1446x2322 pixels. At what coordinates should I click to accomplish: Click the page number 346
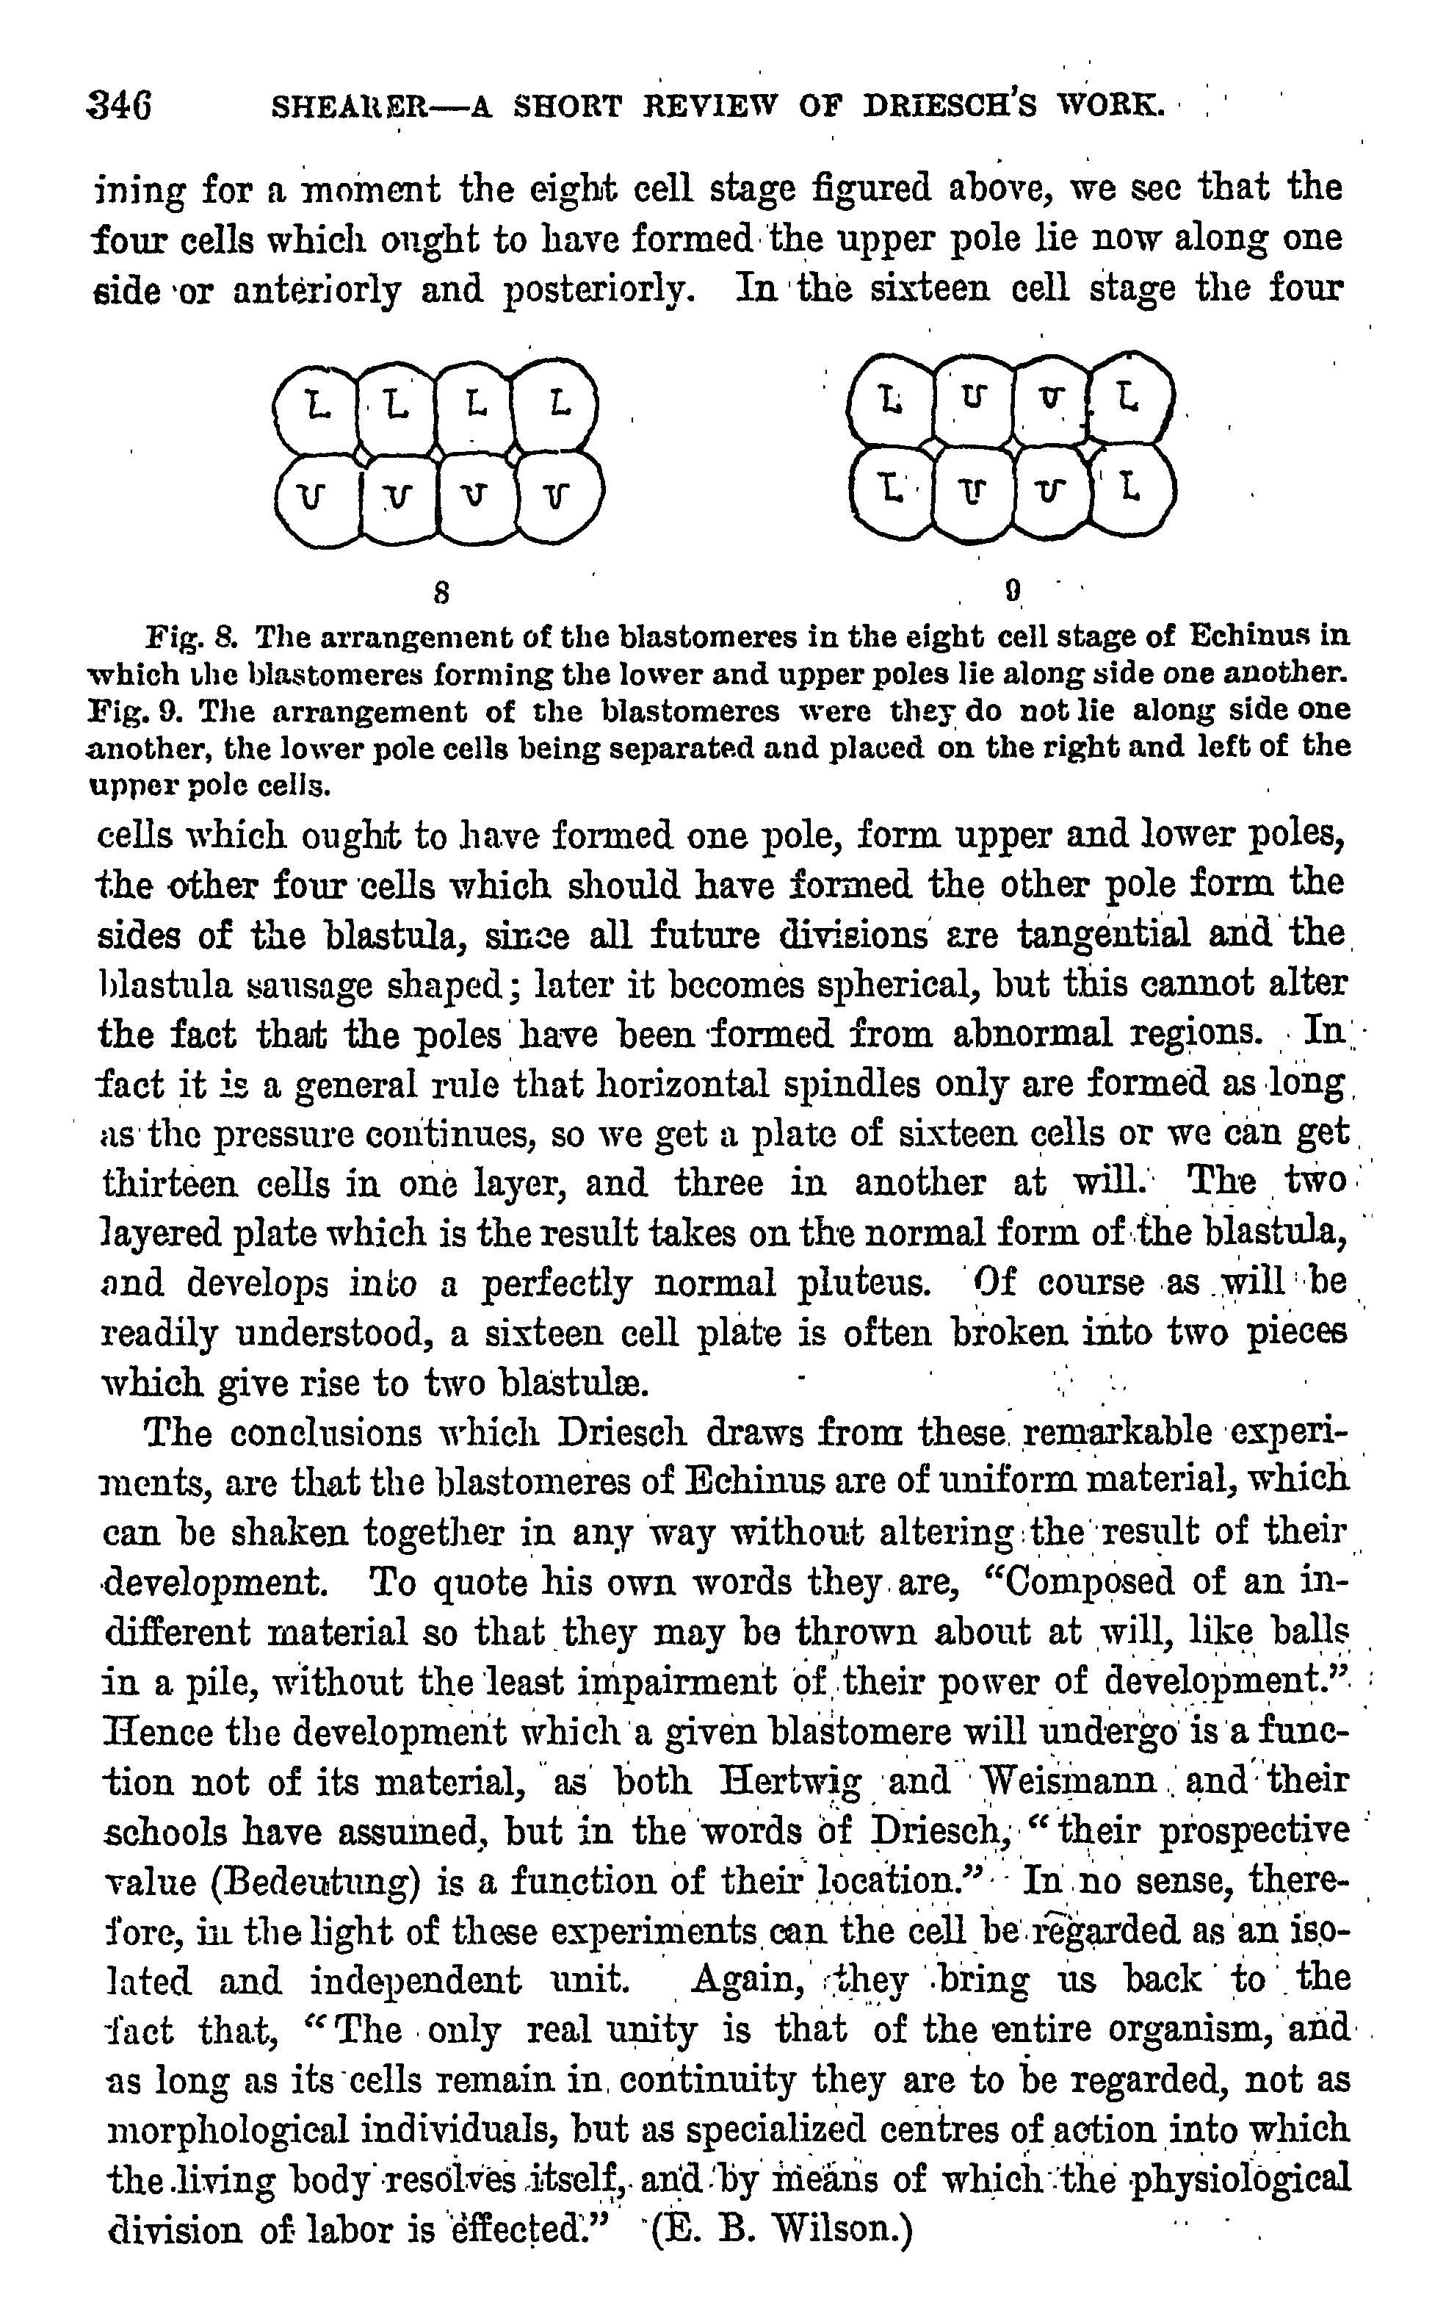coord(118,104)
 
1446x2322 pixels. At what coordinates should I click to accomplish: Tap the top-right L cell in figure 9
coord(1129,396)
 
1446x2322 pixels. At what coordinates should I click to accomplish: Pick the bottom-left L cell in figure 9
coord(892,491)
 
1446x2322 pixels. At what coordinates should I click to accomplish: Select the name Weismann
coord(1069,1780)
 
